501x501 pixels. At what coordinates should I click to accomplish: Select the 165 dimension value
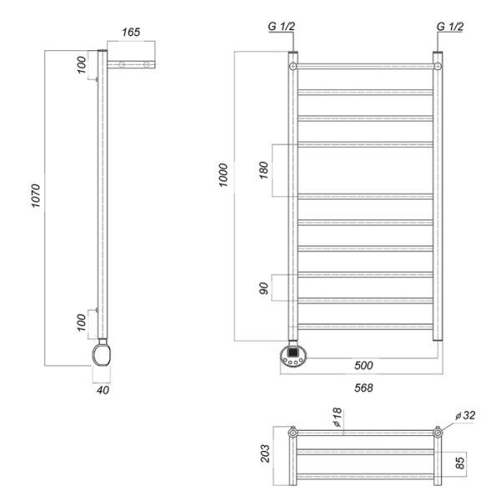click(130, 33)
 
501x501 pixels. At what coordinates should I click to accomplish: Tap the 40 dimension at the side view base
click(102, 389)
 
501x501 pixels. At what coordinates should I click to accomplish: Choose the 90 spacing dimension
click(265, 287)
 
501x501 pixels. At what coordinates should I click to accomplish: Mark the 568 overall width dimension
click(362, 387)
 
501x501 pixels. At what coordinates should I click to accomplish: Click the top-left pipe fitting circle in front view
click(293, 65)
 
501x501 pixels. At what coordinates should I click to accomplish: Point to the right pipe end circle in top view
click(438, 433)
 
